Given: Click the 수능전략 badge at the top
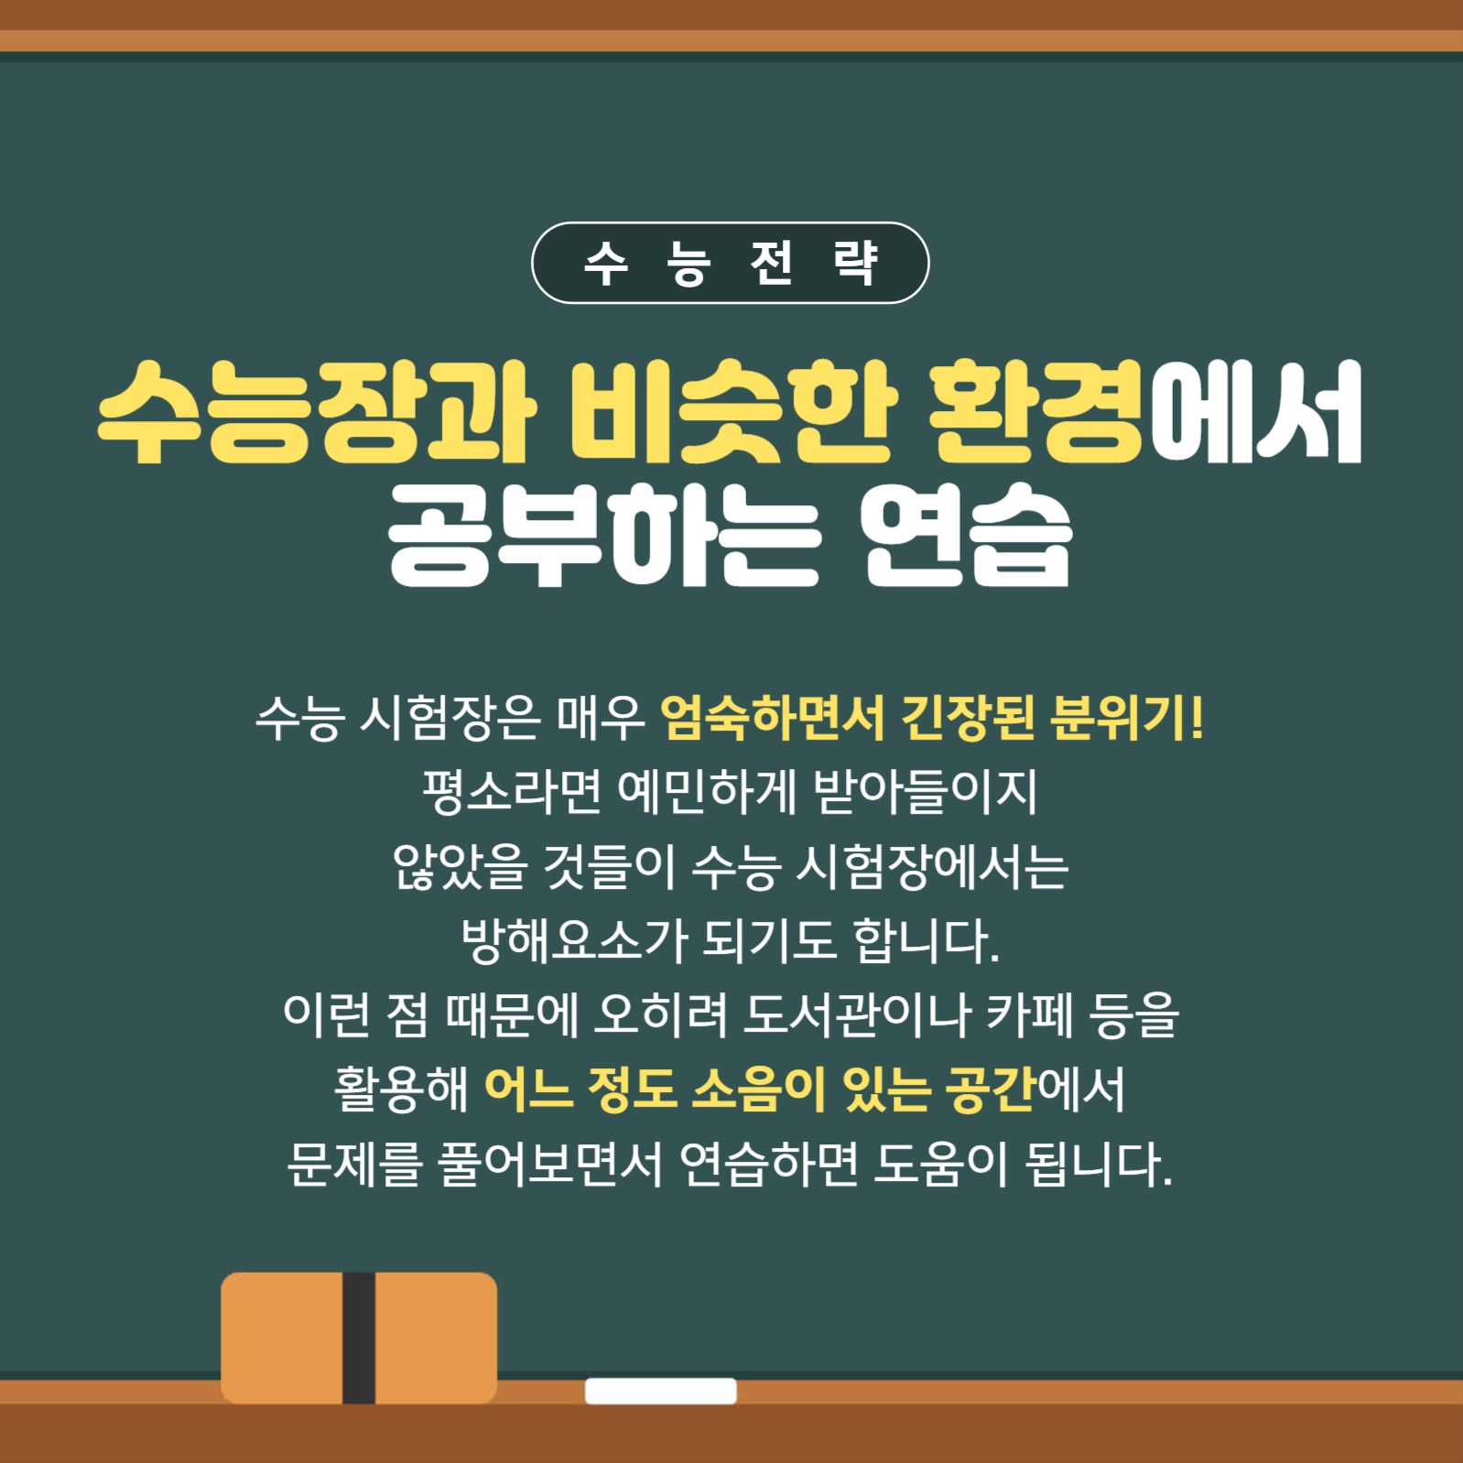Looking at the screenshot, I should point(731,263).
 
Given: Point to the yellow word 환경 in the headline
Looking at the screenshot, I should point(1035,411).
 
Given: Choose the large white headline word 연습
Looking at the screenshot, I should point(967,535).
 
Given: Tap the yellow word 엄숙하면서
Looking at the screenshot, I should point(772,719).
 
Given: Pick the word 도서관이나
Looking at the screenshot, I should point(856,1015).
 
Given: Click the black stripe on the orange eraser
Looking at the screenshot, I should point(359,1337).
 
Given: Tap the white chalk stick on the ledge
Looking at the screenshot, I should point(661,1391).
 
